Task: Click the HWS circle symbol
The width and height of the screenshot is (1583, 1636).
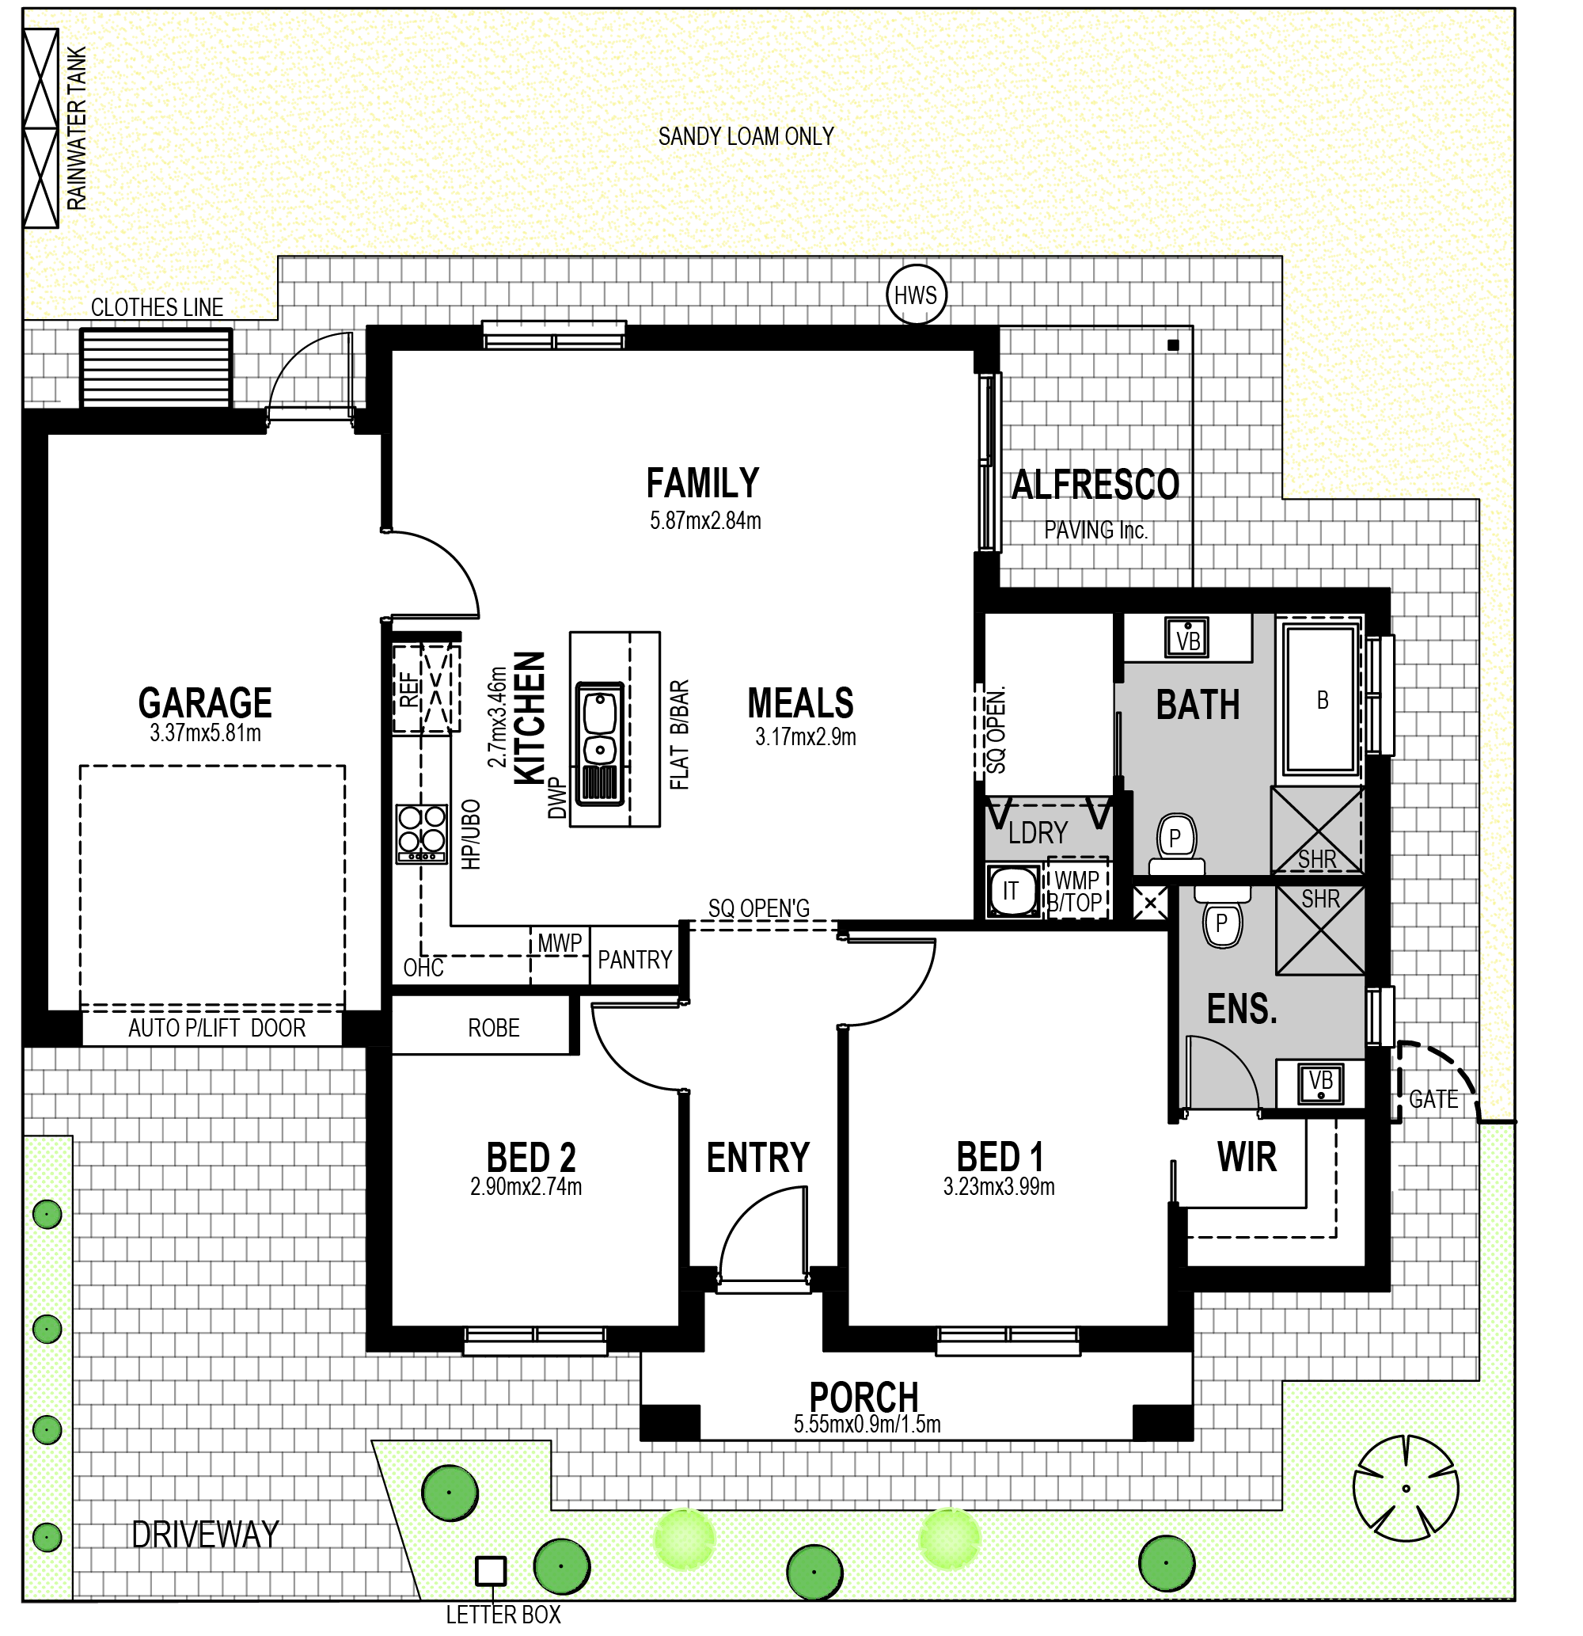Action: tap(916, 295)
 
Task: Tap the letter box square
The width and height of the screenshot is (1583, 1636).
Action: tap(490, 1572)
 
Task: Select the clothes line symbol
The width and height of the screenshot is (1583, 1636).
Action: tap(155, 367)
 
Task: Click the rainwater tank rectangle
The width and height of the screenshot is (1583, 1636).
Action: tap(41, 127)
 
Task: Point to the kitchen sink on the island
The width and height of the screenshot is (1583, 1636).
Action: tap(599, 743)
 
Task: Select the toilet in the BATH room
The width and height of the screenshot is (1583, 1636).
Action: tap(1176, 844)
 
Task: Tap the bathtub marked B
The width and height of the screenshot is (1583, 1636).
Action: tap(1321, 700)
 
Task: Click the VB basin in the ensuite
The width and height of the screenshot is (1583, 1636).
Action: tap(1320, 1084)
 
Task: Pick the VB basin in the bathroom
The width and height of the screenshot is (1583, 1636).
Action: tap(1186, 638)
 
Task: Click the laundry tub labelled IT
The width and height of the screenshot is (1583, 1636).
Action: tap(1012, 891)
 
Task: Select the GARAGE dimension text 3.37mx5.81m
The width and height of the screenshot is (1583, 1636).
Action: tap(205, 734)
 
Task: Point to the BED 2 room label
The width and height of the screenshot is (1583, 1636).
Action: tap(531, 1157)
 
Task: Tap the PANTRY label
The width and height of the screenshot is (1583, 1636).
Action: tap(634, 959)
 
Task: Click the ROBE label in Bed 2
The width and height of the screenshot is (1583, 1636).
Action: tap(493, 1028)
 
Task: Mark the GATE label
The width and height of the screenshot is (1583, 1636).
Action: tap(1433, 1099)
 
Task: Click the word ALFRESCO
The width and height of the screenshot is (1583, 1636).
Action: tap(1095, 484)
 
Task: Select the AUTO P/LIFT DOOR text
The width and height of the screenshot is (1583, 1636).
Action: tap(217, 1028)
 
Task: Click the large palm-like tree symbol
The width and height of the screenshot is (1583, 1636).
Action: tap(1405, 1488)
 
